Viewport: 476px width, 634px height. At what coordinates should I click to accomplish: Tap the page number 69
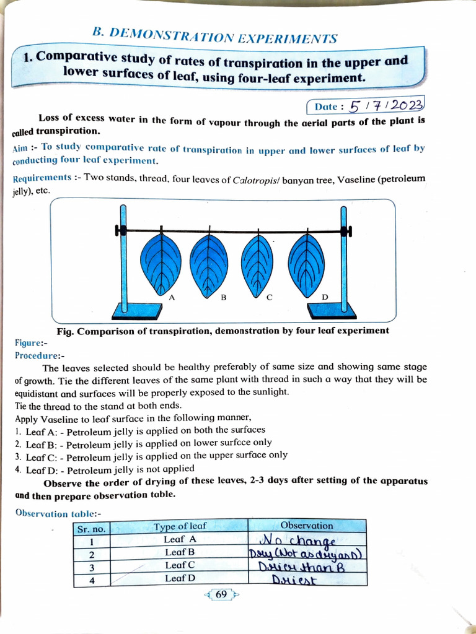tap(221, 594)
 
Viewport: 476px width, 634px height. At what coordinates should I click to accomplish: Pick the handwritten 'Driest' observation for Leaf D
tap(295, 580)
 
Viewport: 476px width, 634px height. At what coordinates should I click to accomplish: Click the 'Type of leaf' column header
tap(180, 526)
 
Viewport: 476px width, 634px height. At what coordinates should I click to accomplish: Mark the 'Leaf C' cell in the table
tap(180, 565)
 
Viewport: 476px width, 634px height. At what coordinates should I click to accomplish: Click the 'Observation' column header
tap(306, 525)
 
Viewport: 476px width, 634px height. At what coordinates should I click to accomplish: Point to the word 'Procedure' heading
tap(37, 356)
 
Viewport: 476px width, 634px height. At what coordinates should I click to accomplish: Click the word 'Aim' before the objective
tap(20, 150)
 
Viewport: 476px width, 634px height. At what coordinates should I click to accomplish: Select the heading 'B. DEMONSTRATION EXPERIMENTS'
tap(214, 36)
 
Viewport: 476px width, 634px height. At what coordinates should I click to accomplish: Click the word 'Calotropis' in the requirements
tap(255, 180)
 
